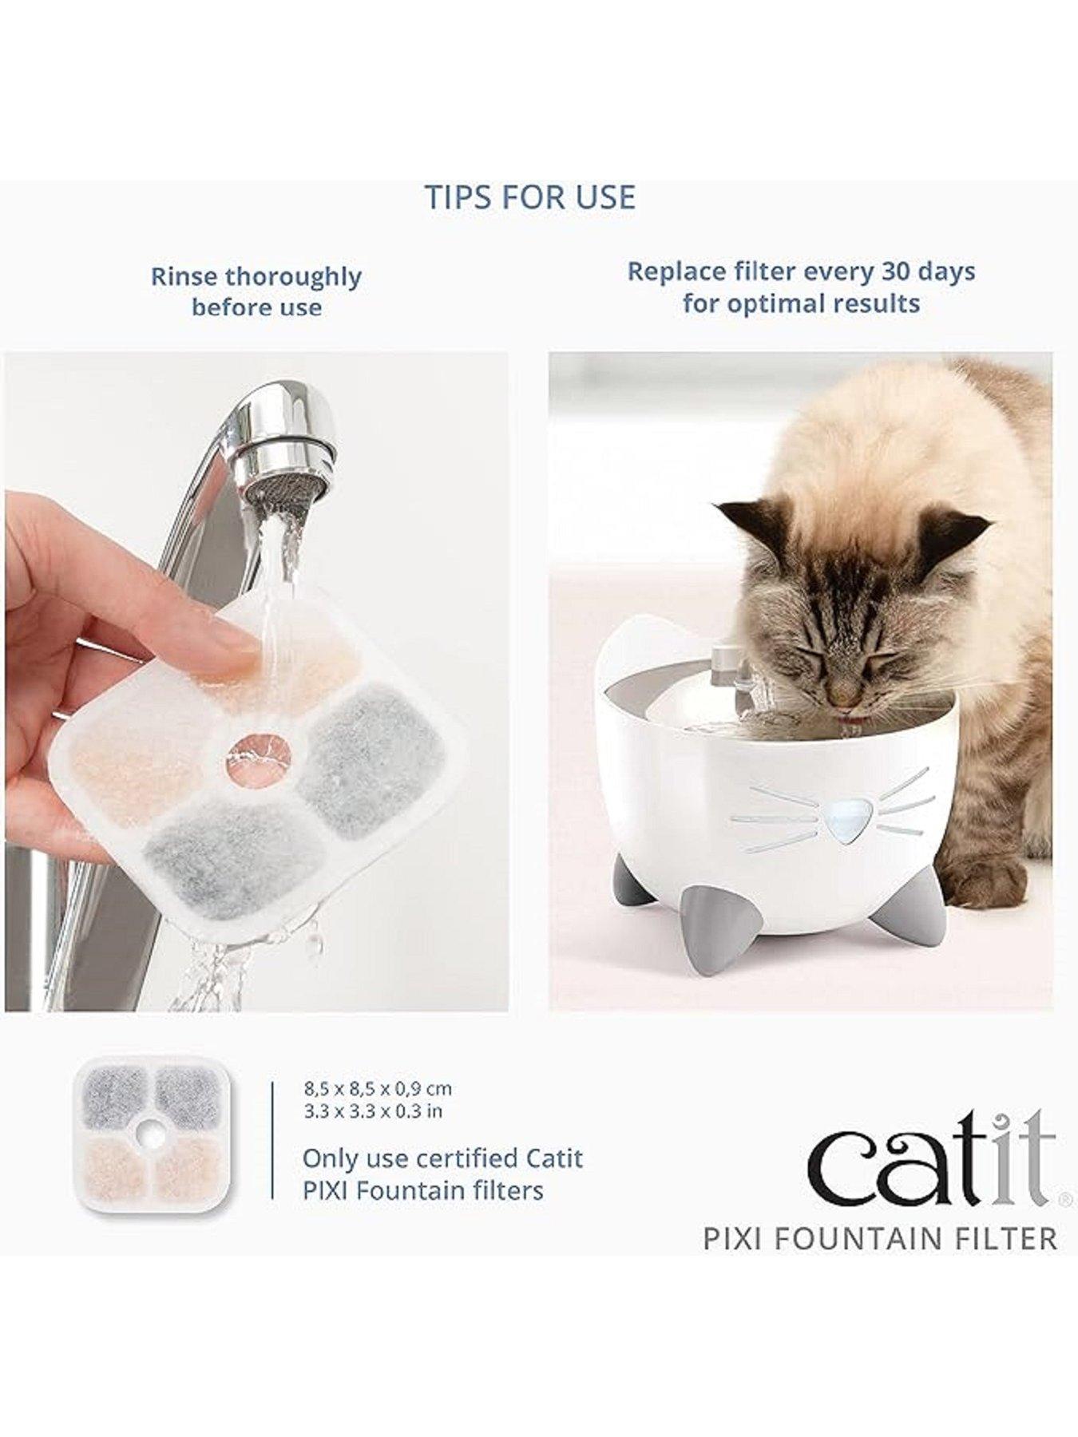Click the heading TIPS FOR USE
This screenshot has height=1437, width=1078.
click(529, 197)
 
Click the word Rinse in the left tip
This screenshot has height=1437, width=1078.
click(184, 277)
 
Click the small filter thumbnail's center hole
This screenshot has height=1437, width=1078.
click(147, 1130)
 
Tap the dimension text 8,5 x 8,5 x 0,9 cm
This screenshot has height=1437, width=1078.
click(378, 1088)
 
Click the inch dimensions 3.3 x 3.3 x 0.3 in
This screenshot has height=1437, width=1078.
click(372, 1110)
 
